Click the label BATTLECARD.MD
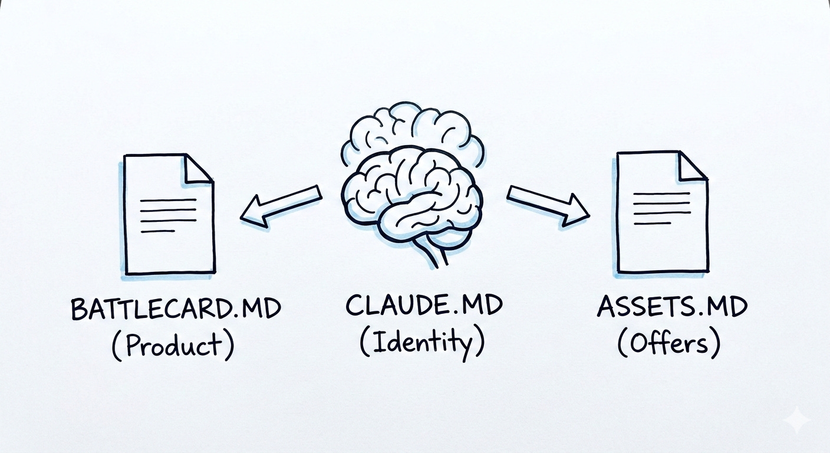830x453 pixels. click(175, 309)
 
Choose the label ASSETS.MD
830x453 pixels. click(672, 307)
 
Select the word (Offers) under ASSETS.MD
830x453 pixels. click(668, 343)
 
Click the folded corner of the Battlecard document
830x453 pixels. click(199, 168)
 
